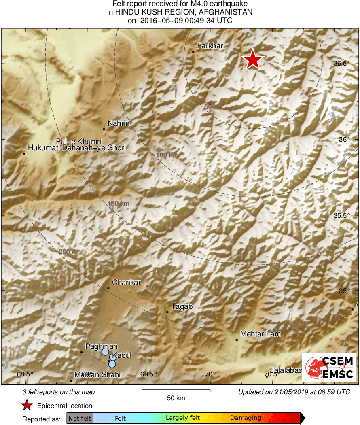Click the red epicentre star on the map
pos(253,59)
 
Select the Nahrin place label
pos(119,123)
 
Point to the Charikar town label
pos(126,283)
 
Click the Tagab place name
pos(182,306)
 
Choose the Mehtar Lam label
pos(260,334)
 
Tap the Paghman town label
pos(101,346)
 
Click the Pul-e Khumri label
pos(78,142)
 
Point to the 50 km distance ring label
pos(213,107)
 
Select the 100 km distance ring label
pos(167,155)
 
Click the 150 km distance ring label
pos(119,204)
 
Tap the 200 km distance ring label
pos(70,252)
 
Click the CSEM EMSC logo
pos(329,368)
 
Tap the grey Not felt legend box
pos(80,418)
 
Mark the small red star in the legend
pos(27,406)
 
